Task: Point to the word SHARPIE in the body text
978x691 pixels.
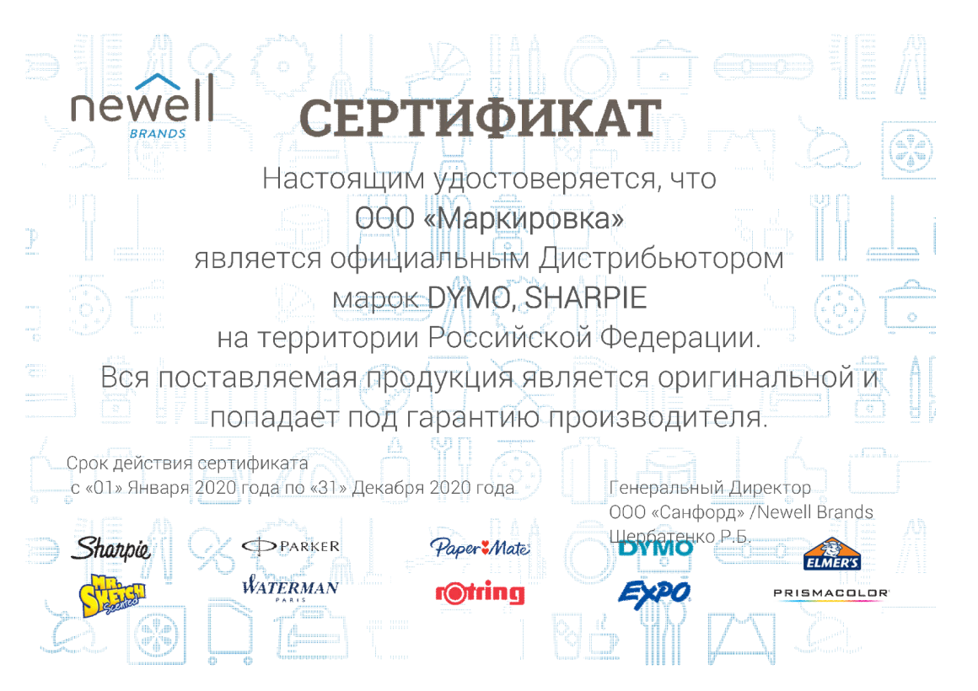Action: point(585,297)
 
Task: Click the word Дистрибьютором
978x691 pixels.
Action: point(661,258)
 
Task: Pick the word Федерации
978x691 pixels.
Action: point(680,338)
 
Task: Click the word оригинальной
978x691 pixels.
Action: point(755,378)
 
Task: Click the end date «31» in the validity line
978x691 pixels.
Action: point(328,488)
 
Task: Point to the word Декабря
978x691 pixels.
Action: point(388,488)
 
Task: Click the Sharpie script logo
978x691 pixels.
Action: point(111,549)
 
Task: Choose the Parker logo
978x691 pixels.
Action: point(291,546)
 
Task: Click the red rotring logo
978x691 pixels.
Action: point(481,593)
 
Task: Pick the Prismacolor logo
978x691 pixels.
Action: point(831,594)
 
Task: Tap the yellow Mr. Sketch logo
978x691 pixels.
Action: point(112,595)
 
